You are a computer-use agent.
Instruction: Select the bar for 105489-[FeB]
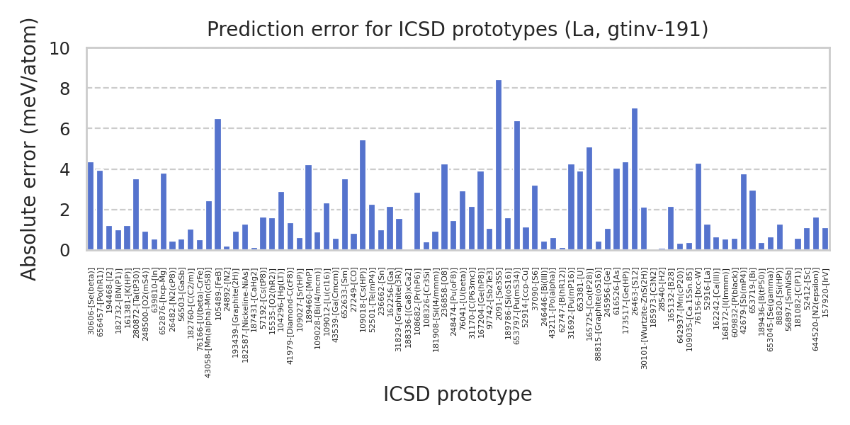tap(217, 185)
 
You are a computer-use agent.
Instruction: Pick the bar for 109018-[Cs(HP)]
tap(363, 195)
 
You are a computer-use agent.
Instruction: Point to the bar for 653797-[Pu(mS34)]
tap(517, 186)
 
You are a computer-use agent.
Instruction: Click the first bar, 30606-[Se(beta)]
tap(91, 206)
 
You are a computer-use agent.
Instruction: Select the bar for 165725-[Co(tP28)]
tap(589, 199)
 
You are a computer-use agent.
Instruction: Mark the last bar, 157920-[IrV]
tap(825, 239)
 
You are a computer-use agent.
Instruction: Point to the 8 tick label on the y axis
tap(64, 89)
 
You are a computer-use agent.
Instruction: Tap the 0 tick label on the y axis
tap(64, 251)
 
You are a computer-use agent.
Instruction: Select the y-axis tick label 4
tap(64, 170)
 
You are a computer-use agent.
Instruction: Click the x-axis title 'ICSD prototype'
tap(458, 395)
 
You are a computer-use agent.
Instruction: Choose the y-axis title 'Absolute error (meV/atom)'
tap(30, 149)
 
